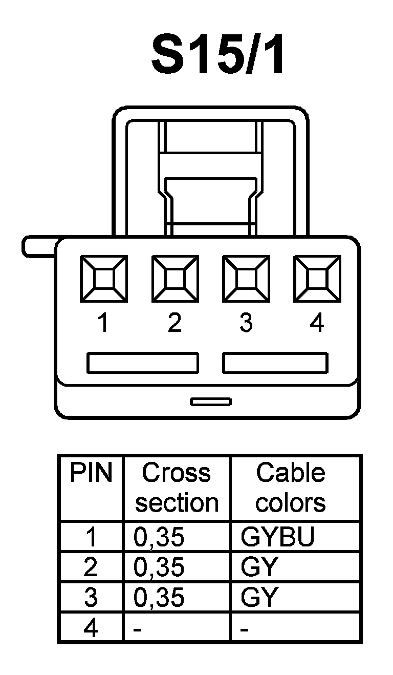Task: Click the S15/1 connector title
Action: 217,55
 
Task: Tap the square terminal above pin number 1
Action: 104,280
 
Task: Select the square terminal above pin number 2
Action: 174,280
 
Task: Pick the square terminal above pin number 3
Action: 245,280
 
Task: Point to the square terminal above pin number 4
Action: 317,280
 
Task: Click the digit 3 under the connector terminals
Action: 246,323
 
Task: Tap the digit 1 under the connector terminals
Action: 104,323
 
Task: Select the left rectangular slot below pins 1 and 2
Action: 142,363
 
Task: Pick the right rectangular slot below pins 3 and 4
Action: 275,363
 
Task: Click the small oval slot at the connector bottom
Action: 211,401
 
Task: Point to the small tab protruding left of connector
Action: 38,246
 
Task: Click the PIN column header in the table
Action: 91,474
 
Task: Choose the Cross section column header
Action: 177,488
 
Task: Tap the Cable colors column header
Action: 291,488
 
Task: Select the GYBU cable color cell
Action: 277,537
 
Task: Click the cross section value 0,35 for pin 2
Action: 159,567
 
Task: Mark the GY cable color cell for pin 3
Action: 259,597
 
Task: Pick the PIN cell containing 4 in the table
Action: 91,628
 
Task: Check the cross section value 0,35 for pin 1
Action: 159,537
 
